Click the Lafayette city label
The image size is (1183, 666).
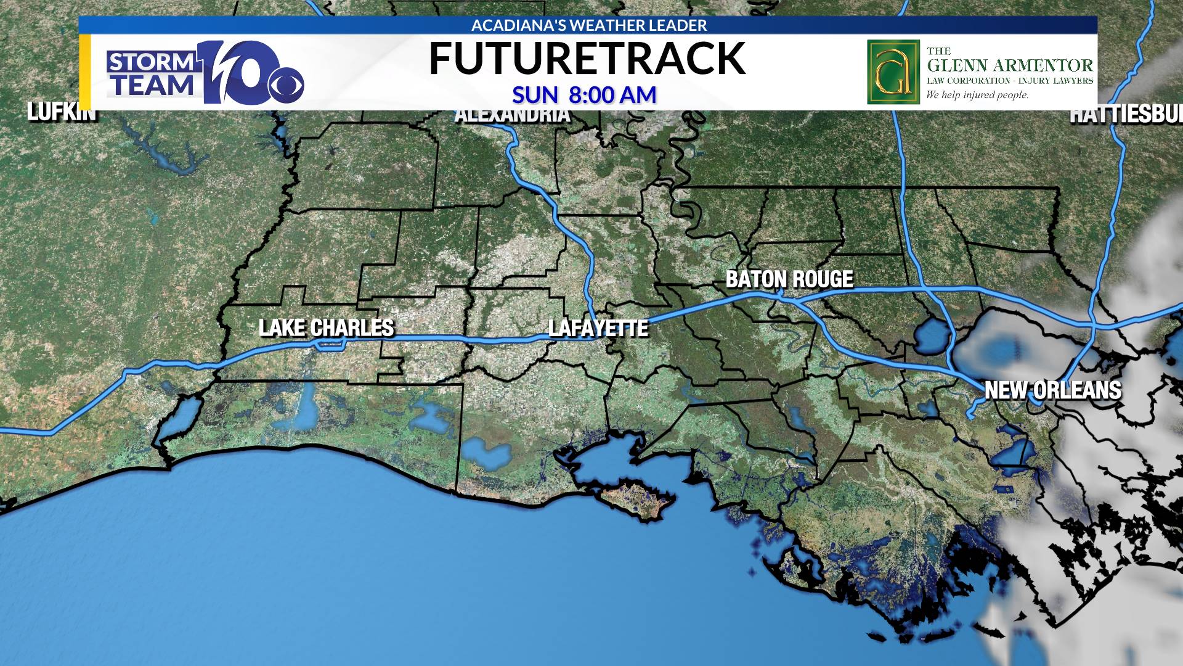click(598, 328)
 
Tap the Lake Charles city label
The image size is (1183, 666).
click(326, 327)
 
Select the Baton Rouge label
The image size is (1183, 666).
click(789, 279)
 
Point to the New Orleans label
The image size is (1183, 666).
click(1052, 390)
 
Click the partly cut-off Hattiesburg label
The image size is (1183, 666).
click(1126, 115)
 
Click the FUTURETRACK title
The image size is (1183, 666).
click(587, 59)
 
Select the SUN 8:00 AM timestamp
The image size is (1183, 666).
click(584, 95)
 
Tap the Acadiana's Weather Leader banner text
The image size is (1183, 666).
click(589, 25)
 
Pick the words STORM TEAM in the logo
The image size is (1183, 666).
click(152, 74)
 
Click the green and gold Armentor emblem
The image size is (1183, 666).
click(893, 72)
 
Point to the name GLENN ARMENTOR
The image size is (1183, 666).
click(1010, 65)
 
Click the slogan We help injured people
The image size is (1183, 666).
click(977, 95)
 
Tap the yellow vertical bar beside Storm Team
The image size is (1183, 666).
click(85, 72)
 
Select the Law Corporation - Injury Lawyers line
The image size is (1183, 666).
click(1010, 81)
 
